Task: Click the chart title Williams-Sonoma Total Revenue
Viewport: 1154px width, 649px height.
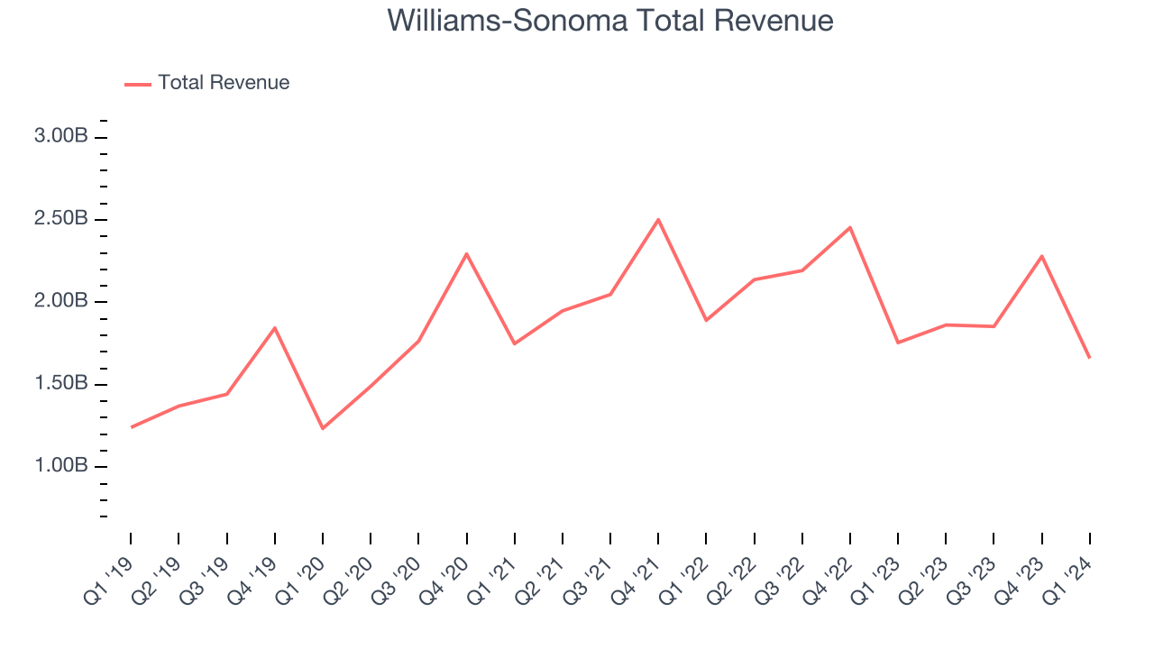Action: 610,20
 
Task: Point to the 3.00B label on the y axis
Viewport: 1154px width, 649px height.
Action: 61,137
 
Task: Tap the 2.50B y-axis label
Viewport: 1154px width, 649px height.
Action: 61,219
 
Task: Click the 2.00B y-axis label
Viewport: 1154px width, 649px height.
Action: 61,301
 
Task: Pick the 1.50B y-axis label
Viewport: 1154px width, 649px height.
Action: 61,384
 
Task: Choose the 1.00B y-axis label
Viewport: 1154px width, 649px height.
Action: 61,466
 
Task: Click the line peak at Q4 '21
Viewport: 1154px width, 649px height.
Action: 658,219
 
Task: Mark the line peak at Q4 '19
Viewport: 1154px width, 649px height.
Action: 274,327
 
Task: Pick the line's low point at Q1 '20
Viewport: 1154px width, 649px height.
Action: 323,428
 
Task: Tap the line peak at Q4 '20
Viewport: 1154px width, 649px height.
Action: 466,253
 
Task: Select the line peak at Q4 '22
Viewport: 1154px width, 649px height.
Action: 849,227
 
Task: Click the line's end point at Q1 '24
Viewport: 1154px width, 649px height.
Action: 1089,358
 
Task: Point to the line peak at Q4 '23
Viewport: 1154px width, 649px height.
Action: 1041,256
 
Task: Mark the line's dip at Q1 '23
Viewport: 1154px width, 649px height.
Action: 898,343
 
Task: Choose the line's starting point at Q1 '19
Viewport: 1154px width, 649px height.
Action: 132,427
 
